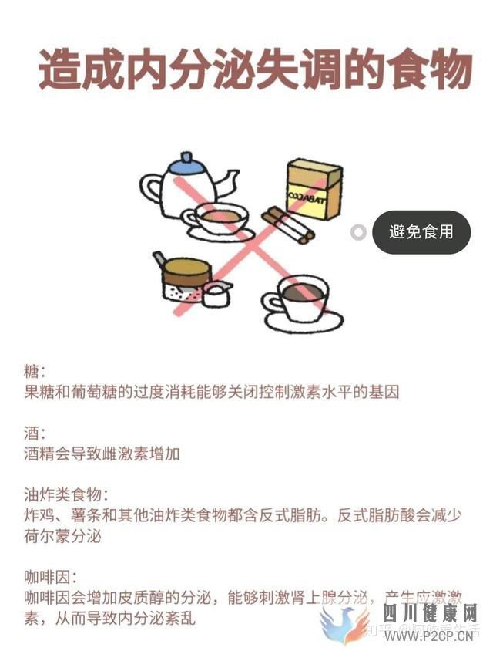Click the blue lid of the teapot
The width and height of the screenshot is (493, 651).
pos(187,163)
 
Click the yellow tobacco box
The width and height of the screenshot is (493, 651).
pos(314,189)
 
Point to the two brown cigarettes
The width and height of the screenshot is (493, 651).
pos(286,224)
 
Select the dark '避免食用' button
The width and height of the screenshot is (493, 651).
pos(421,231)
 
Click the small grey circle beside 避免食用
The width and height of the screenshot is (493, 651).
pos(358,231)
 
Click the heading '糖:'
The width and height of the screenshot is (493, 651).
pos(35,372)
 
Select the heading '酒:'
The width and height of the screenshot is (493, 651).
pos(35,433)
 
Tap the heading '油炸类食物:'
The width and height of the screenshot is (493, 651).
pos(65,494)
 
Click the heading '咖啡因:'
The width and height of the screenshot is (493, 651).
pos(51,576)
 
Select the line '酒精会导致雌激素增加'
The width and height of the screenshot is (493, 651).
pos(102,453)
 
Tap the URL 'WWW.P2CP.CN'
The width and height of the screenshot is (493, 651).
pos(431,636)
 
